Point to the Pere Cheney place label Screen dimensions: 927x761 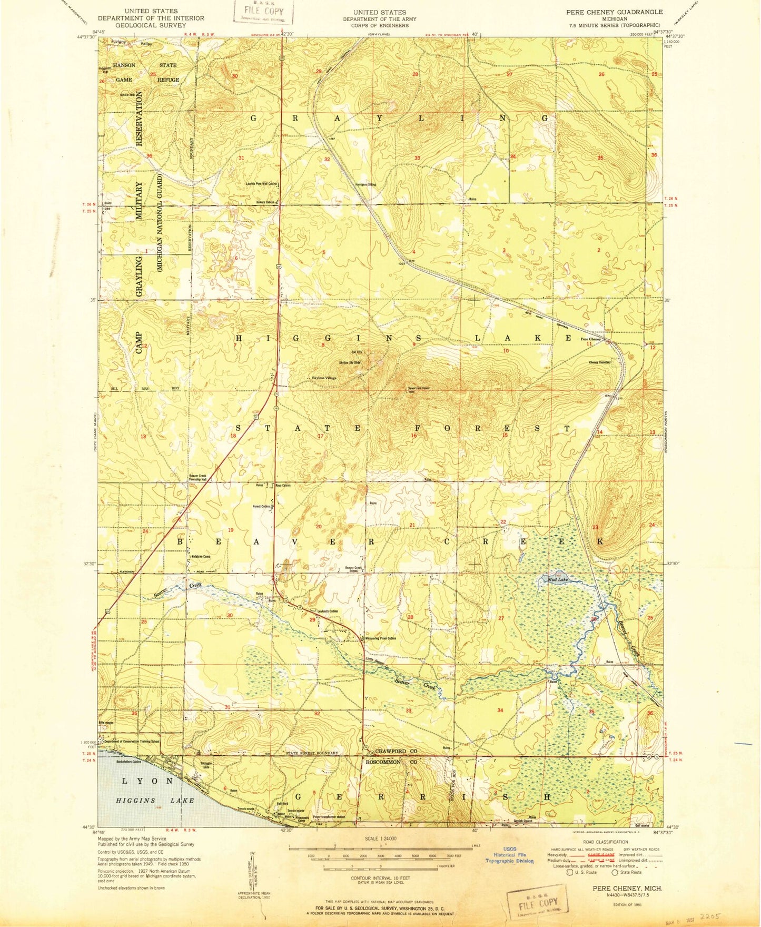pyautogui.click(x=590, y=339)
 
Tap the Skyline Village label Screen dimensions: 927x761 pyautogui.click(x=324, y=378)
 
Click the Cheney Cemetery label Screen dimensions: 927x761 pyautogui.click(x=599, y=362)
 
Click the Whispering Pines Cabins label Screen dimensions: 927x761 pyautogui.click(x=380, y=639)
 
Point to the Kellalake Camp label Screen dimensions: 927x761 pyautogui.click(x=200, y=556)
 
